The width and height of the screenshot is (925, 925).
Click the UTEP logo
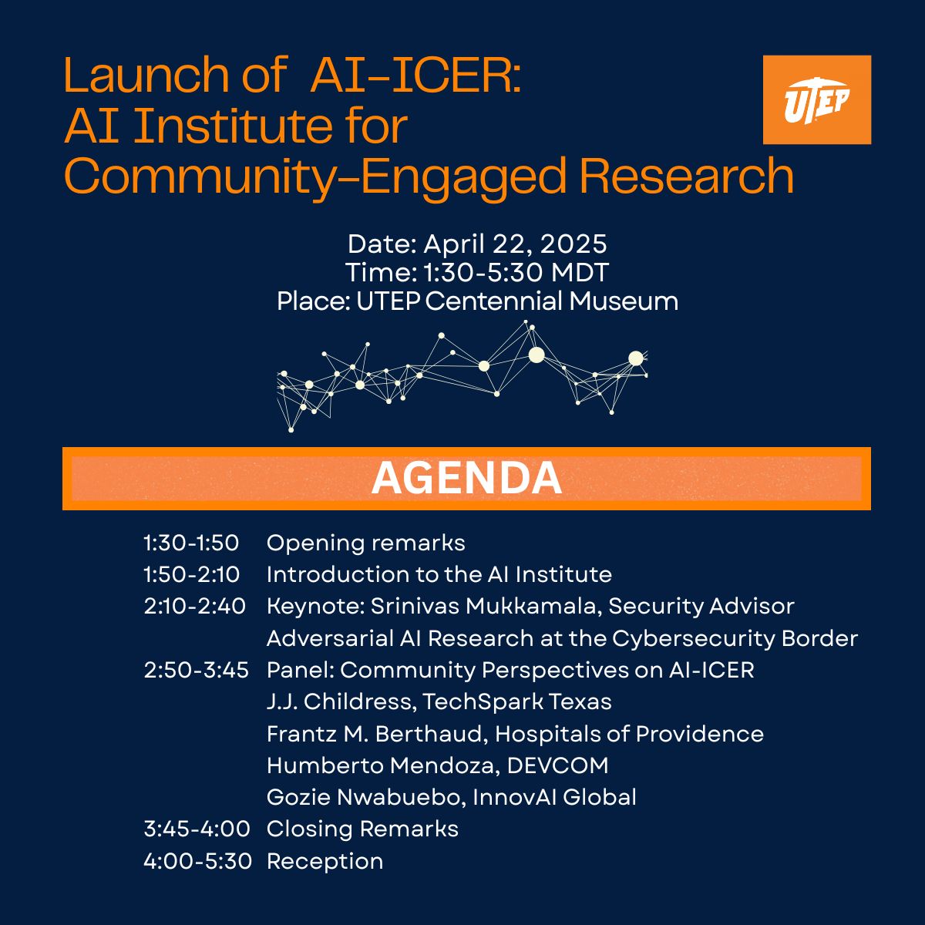pyautogui.click(x=817, y=100)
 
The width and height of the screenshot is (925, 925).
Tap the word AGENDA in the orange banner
pyautogui.click(x=466, y=478)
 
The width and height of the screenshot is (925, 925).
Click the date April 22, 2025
pyautogui.click(x=515, y=244)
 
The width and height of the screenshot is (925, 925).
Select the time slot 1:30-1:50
pyautogui.click(x=191, y=543)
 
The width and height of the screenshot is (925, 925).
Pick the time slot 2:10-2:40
pyautogui.click(x=194, y=607)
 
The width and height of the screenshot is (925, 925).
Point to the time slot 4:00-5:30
pyautogui.click(x=198, y=861)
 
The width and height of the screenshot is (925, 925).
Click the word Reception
pyautogui.click(x=325, y=862)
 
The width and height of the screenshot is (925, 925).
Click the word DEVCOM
pyautogui.click(x=558, y=765)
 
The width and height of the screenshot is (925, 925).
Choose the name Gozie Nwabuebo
pyautogui.click(x=366, y=797)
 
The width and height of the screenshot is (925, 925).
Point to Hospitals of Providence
pyautogui.click(x=629, y=735)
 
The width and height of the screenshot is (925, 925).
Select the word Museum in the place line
pyautogui.click(x=624, y=302)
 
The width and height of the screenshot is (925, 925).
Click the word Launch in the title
pyautogui.click(x=146, y=75)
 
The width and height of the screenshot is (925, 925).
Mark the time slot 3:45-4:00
pyautogui.click(x=197, y=829)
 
